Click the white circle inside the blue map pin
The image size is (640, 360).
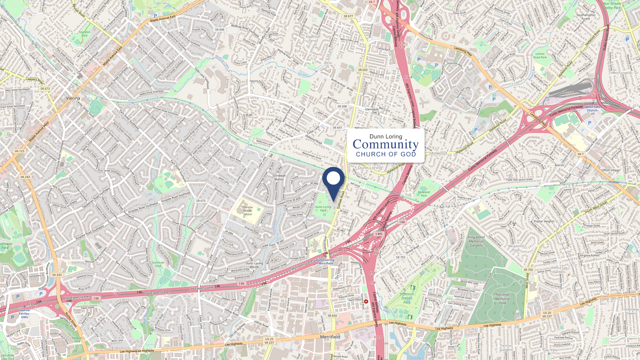[333, 178]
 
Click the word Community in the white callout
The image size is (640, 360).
[385, 145]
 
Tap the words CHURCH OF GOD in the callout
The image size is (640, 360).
[386, 154]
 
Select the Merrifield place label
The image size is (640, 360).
[330, 337]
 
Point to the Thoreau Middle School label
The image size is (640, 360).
[247, 211]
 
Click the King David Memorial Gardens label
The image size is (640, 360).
[476, 241]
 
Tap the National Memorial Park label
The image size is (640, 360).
[502, 299]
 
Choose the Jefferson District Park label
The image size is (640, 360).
[407, 298]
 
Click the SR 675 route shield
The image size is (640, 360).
[201, 201]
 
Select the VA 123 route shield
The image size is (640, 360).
[20, 151]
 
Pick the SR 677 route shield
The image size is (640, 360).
[348, 16]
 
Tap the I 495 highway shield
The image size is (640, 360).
[379, 234]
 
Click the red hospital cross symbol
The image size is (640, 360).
[366, 301]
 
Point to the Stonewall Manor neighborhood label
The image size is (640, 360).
[279, 177]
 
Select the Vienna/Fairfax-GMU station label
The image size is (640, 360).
[25, 313]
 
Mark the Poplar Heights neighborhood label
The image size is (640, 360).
[544, 221]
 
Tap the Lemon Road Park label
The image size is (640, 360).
[540, 56]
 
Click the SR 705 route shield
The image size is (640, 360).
[528, 270]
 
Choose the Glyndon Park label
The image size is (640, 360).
[85, 34]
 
